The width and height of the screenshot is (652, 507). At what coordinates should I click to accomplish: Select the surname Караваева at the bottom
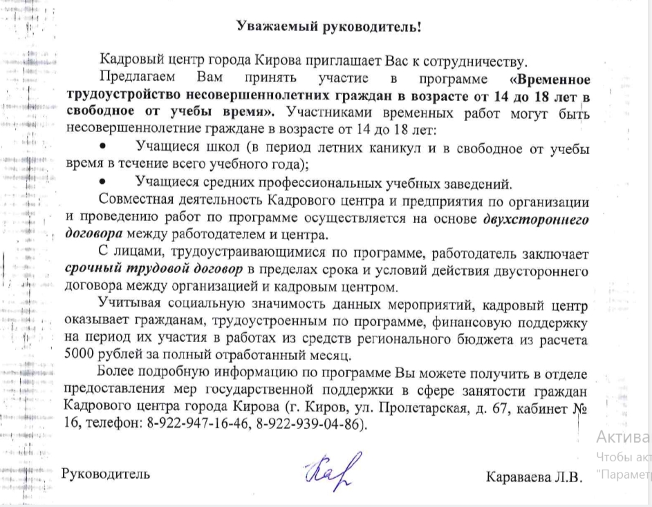pyautogui.click(x=519, y=477)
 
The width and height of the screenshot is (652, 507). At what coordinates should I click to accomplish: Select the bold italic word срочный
pyautogui.click(x=91, y=268)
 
